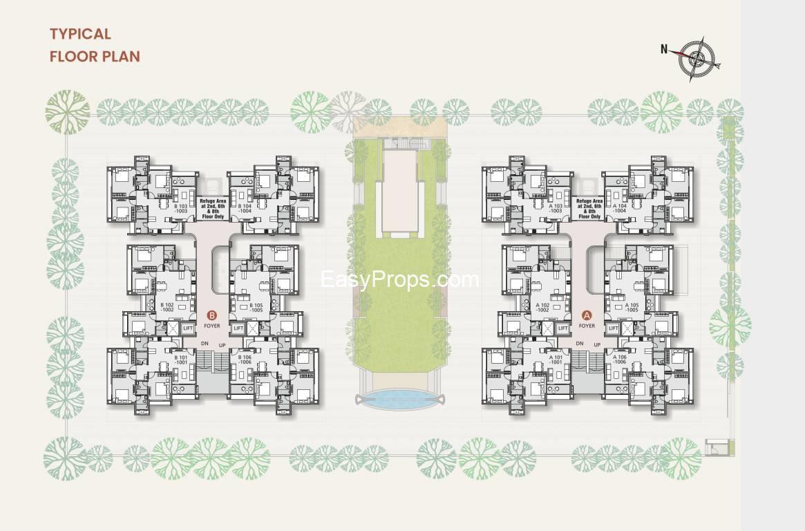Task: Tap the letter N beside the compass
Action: (664, 49)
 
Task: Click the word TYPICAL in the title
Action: (80, 34)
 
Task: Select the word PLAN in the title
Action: (122, 57)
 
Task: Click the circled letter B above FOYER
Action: (211, 315)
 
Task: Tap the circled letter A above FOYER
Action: (587, 315)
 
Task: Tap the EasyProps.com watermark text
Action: (400, 279)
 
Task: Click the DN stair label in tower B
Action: (205, 344)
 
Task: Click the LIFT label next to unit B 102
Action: (188, 328)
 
